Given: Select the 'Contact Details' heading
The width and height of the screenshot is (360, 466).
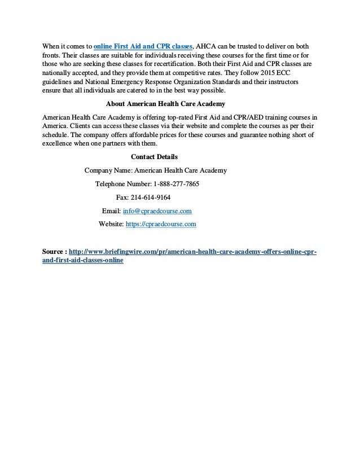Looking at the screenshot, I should coord(154,157).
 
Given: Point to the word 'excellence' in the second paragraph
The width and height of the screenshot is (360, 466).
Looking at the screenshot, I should coord(60,143).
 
